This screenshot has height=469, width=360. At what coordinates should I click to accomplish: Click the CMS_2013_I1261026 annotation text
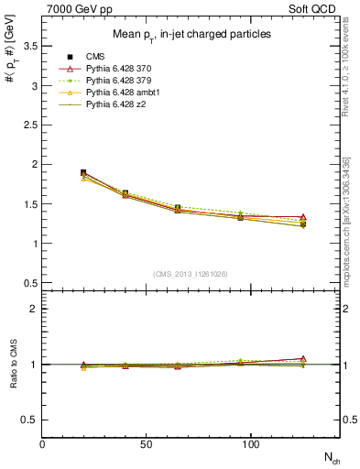[191, 274]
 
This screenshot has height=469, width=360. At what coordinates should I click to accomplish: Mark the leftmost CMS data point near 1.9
[83, 172]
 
